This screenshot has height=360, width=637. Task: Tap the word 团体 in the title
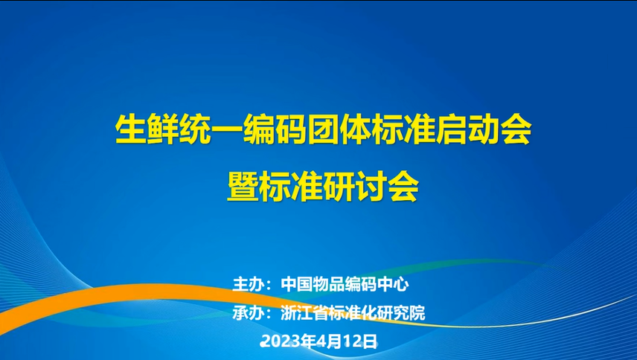339,130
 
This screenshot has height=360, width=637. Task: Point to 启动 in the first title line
467,130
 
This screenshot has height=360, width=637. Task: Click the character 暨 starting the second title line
243,187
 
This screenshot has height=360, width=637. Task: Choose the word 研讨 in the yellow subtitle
355,187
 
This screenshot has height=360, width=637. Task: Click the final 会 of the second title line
403,187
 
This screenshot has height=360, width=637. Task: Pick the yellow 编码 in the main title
275,130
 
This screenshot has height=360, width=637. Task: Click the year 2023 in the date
278,341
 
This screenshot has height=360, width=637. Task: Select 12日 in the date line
358,341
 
